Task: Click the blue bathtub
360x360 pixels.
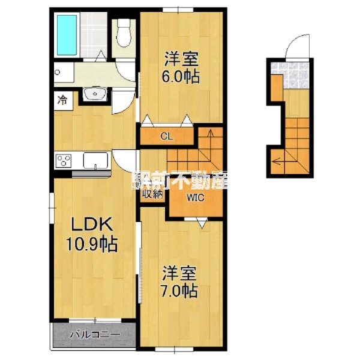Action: [x=67, y=35]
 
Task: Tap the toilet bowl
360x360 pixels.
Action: [x=124, y=33]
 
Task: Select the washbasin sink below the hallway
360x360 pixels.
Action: [x=95, y=94]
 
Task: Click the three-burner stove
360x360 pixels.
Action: [x=64, y=160]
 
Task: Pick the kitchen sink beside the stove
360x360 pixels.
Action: [x=95, y=160]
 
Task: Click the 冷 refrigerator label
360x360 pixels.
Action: [x=62, y=100]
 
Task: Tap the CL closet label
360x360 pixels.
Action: [x=167, y=137]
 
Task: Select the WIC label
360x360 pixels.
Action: [x=196, y=197]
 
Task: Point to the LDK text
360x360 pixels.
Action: [x=92, y=224]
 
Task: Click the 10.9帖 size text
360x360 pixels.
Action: [x=92, y=244]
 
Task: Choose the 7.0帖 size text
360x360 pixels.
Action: [x=179, y=291]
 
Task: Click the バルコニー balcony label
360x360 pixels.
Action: [x=95, y=334]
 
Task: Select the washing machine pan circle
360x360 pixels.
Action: [x=58, y=73]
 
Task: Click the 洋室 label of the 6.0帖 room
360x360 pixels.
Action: [x=181, y=59]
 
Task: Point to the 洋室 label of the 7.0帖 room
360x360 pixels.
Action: [x=179, y=274]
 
